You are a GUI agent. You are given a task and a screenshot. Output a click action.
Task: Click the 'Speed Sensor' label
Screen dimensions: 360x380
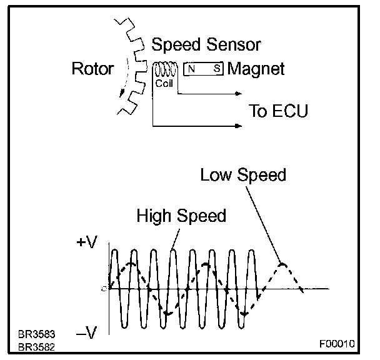(x=206, y=45)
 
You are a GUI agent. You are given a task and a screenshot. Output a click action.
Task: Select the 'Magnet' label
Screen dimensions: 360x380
(x=256, y=69)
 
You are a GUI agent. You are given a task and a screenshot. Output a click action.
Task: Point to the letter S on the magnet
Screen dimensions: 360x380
(x=216, y=69)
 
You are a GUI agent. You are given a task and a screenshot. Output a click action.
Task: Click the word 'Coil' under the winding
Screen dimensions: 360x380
(x=163, y=81)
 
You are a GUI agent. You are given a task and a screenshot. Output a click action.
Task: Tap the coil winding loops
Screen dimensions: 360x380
(x=164, y=68)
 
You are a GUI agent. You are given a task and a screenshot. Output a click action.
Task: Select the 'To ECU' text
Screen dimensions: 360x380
(x=278, y=112)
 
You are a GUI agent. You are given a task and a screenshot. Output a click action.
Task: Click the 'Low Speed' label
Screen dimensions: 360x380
(x=243, y=174)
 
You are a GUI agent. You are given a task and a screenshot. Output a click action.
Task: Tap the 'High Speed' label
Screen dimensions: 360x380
(x=181, y=216)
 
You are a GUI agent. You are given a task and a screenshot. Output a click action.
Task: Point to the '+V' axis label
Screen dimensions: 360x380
(x=86, y=244)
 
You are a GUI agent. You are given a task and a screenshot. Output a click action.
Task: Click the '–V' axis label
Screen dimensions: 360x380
(x=86, y=334)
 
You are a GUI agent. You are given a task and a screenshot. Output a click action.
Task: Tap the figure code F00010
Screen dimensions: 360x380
(x=336, y=344)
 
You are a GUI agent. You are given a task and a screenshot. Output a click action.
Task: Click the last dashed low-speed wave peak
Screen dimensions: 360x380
(x=282, y=264)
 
